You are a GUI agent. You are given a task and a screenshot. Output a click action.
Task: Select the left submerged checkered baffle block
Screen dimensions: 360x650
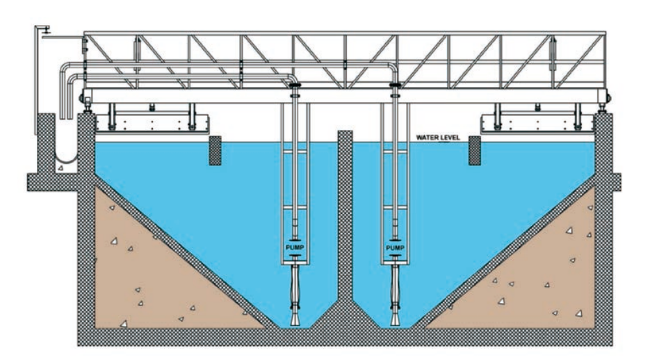pyautogui.click(x=215, y=150)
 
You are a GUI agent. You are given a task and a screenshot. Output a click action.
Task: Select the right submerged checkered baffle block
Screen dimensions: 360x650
pyautogui.click(x=476, y=150)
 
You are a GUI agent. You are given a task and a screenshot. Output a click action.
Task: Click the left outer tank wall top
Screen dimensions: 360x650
pyautogui.click(x=86, y=118)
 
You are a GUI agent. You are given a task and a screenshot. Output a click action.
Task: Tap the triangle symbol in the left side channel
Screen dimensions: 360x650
pyautogui.click(x=61, y=167)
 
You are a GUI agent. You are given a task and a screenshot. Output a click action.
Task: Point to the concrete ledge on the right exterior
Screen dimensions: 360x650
pyautogui.click(x=615, y=182)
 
